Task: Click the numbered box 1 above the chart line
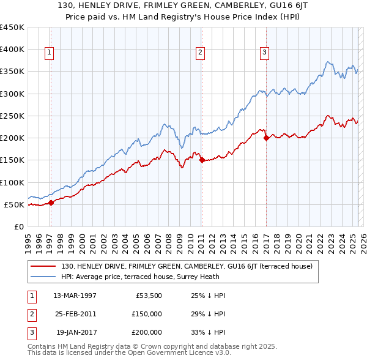click(49, 53)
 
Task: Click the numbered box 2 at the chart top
click(200, 53)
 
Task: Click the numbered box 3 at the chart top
click(264, 53)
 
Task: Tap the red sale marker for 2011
click(202, 160)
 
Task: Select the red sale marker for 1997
click(51, 203)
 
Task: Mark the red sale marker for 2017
click(266, 138)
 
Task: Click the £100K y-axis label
click(12, 182)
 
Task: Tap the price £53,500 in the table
click(149, 295)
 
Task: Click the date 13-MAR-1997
click(75, 295)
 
